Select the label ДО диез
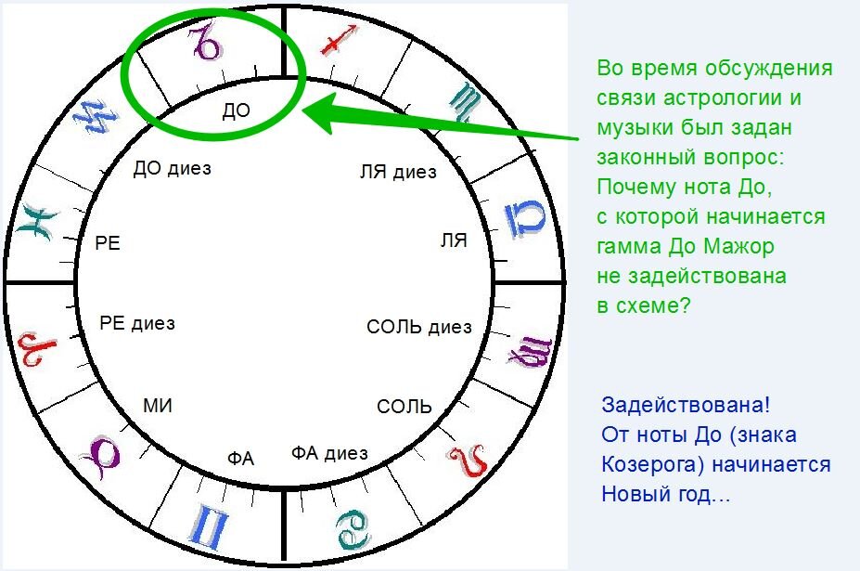click(x=173, y=169)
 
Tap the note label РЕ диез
click(x=137, y=324)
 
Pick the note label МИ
click(x=158, y=406)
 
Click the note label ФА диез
click(x=329, y=454)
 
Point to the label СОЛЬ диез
click(x=419, y=327)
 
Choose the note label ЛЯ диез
click(x=397, y=173)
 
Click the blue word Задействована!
click(x=686, y=406)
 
